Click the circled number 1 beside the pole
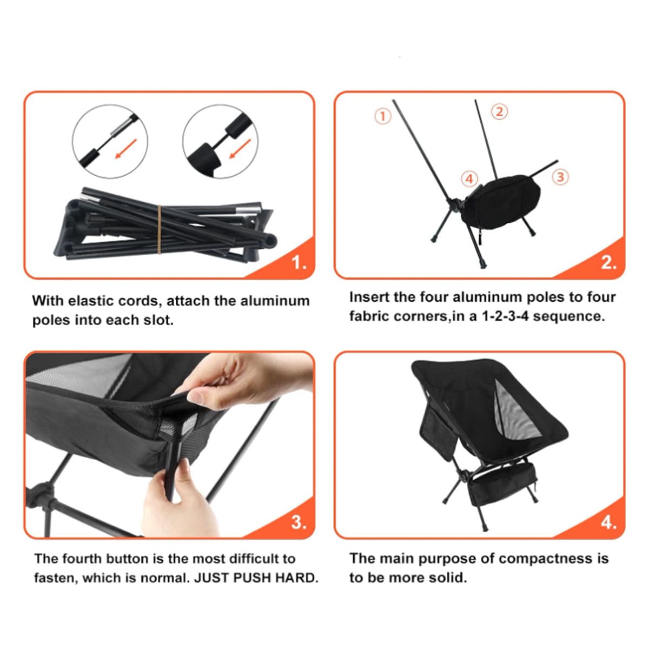pos(383,116)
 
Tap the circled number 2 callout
pos(500,111)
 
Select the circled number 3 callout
pos(560,176)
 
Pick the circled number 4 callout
pos(469,178)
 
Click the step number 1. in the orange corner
pos(299,262)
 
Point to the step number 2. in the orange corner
pos(609,262)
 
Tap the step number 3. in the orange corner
pos(299,522)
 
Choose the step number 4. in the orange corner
pos(609,522)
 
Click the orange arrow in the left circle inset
pos(126,148)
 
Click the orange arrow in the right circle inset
pos(240,148)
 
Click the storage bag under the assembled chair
pos(503,482)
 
